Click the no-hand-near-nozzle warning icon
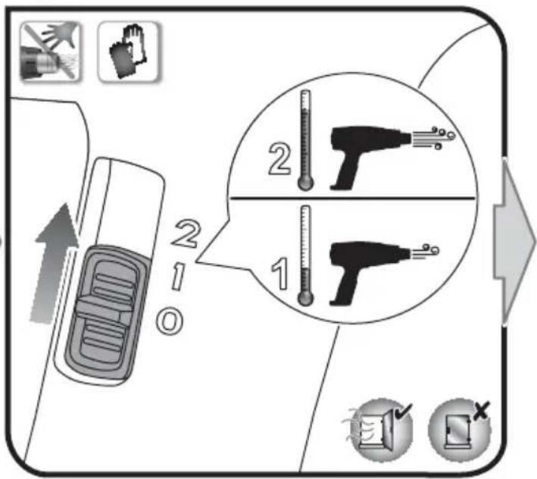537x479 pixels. coord(51,52)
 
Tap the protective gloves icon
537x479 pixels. coord(128,52)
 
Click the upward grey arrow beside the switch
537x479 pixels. coord(55,263)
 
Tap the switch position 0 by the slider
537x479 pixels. coord(170,321)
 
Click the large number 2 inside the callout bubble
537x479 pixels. coord(279,158)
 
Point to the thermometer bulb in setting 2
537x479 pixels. coord(305,183)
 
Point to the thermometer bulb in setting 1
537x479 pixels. coord(305,298)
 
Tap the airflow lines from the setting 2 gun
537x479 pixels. coord(433,138)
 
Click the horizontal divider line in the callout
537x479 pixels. coord(353,198)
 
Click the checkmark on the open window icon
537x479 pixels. coord(404,411)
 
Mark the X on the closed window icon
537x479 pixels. coord(482,410)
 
